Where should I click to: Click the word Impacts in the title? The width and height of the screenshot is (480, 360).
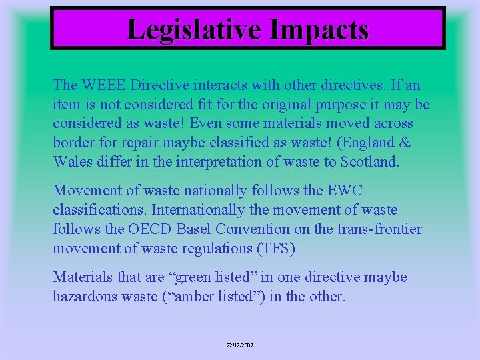319,29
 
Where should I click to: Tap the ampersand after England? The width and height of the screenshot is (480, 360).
405,143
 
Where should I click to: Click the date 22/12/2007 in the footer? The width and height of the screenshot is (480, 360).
239,345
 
